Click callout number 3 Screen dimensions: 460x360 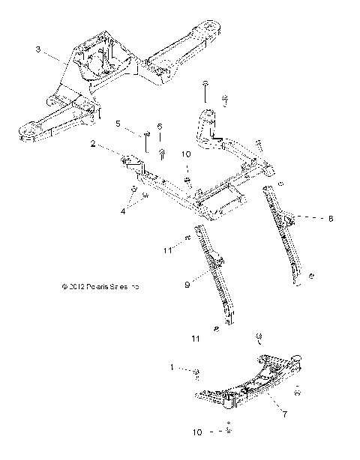37,51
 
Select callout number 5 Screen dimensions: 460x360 118,124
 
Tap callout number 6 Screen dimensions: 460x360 159,127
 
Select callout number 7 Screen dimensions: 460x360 285,414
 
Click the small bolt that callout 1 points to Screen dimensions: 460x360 196,372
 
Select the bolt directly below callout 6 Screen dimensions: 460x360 162,153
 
